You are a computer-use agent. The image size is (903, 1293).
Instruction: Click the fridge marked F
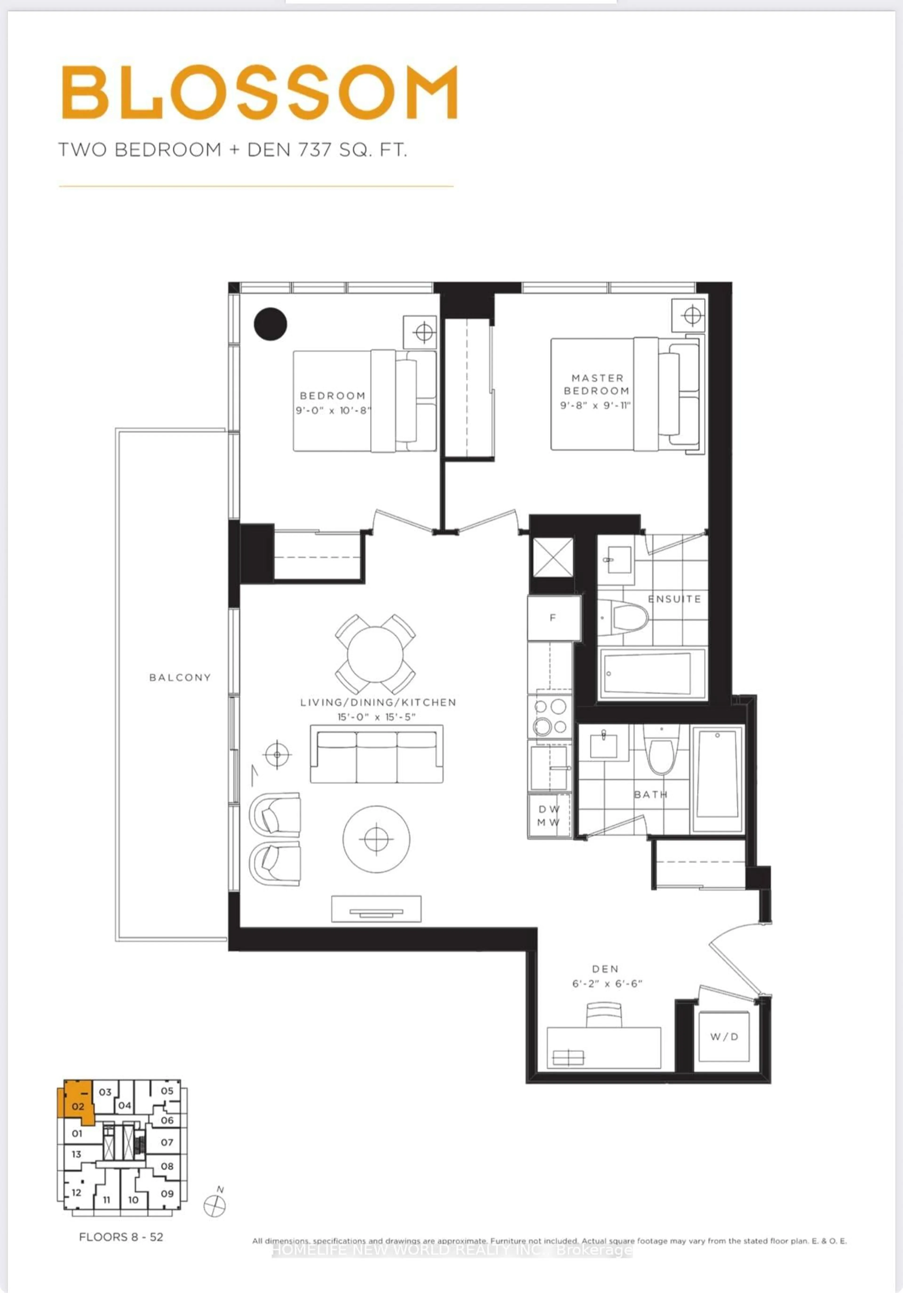553,618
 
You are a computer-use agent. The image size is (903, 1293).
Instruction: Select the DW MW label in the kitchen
549,815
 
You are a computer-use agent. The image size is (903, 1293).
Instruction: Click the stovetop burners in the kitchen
550,716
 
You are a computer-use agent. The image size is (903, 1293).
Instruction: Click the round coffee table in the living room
376,839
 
